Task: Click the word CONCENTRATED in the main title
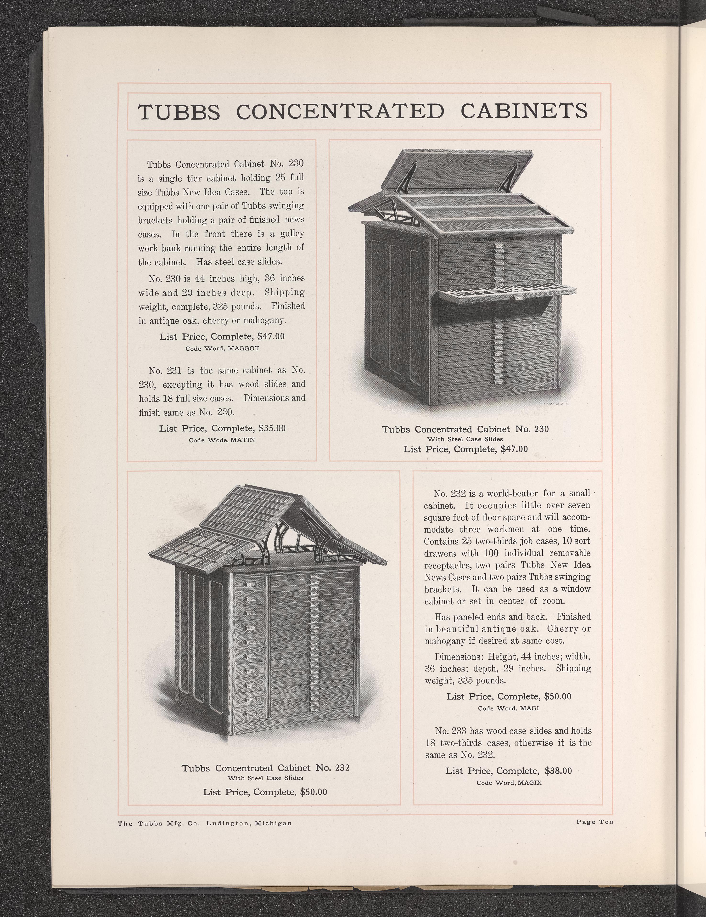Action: [340, 111]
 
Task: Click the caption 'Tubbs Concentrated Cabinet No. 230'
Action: [465, 429]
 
